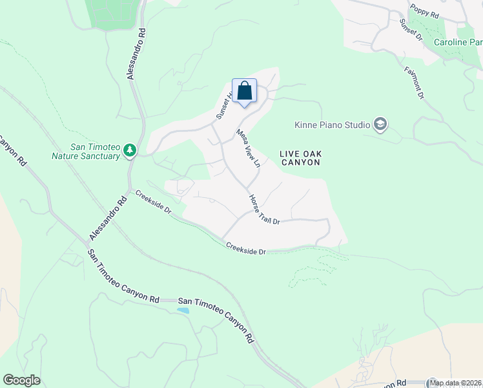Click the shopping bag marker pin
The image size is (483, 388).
(x=244, y=91)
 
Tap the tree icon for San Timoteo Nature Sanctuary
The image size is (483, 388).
(x=130, y=150)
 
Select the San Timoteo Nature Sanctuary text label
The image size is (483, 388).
(x=86, y=151)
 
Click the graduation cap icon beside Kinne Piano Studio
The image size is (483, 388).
(x=380, y=125)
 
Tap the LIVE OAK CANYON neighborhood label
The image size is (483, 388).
(x=300, y=158)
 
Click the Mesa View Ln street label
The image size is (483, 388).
(x=248, y=148)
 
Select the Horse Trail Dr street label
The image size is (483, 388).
(x=265, y=210)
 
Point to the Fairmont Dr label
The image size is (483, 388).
(x=414, y=83)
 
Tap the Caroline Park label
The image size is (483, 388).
(x=458, y=42)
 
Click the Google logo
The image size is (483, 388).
(x=21, y=380)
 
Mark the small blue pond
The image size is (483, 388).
(x=183, y=310)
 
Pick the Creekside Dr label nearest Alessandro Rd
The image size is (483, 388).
(x=152, y=202)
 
